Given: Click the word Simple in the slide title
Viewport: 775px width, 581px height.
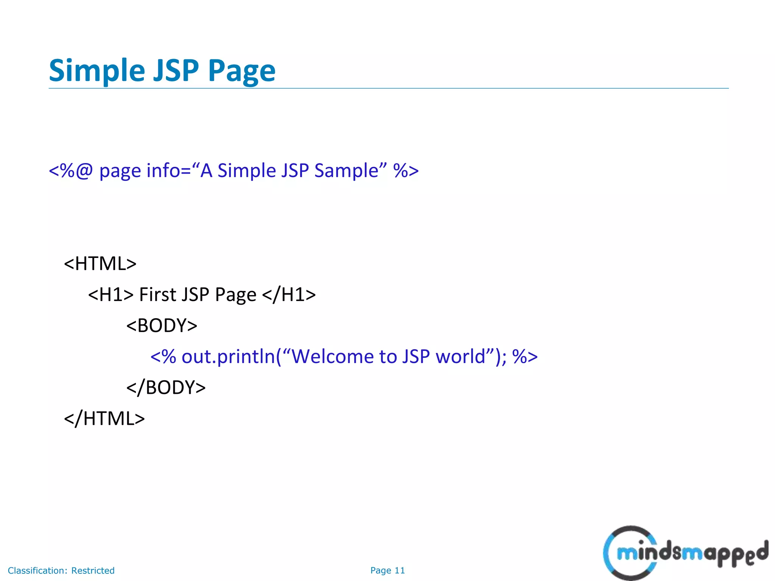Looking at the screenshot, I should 97,71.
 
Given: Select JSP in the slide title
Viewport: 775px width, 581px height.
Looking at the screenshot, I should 176,71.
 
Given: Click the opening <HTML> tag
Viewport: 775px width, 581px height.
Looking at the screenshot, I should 100,264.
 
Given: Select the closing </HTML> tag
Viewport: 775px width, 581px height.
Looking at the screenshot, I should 104,419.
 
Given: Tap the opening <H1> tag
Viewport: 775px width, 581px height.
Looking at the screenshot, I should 111,295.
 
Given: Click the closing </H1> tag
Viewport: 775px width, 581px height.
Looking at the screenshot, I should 289,295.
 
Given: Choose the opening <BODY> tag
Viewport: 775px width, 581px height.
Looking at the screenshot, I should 162,326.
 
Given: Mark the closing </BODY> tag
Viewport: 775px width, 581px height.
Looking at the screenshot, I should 166,388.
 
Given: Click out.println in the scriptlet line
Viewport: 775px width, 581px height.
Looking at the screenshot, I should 228,357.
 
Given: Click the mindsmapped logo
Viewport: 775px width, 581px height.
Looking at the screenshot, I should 685,553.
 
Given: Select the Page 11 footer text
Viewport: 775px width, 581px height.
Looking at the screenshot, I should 387,570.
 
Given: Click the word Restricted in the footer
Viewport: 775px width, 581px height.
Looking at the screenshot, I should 93,570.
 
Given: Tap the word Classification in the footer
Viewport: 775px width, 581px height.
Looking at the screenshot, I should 37,570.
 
